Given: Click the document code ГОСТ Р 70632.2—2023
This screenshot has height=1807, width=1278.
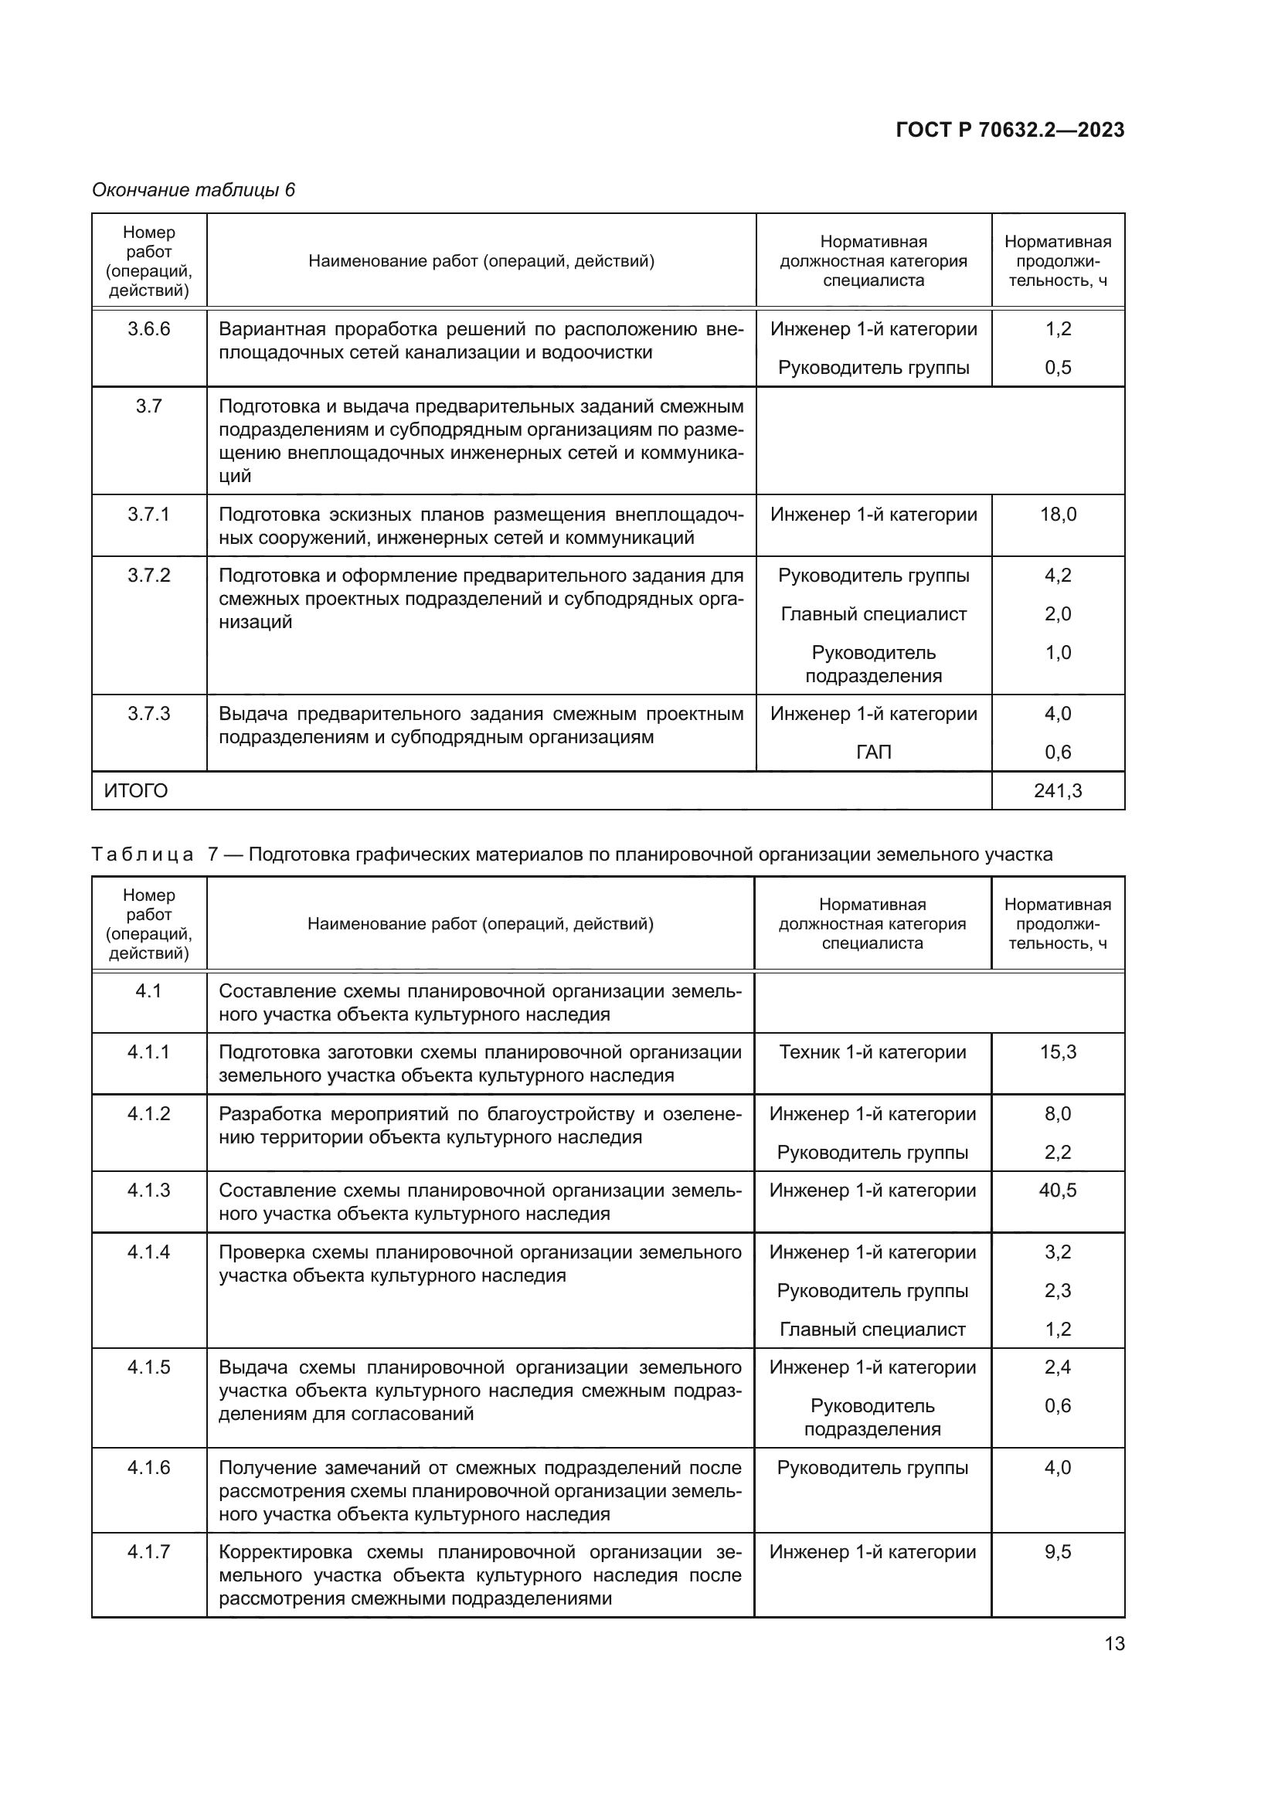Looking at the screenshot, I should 1010,130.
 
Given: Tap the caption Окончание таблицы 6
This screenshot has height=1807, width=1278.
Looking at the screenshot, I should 193,190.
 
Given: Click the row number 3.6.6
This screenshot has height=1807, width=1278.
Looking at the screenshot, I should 148,329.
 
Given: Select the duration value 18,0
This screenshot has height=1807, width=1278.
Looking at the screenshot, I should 1058,515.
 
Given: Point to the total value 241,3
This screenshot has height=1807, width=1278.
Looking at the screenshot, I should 1058,790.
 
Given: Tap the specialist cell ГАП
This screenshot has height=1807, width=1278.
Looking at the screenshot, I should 874,752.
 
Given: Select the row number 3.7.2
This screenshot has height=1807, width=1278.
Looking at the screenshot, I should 148,576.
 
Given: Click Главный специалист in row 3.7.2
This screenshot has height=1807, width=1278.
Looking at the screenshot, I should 874,614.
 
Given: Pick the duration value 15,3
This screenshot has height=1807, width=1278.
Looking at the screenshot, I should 1058,1052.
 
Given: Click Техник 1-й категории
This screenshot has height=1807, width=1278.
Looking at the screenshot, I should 872,1052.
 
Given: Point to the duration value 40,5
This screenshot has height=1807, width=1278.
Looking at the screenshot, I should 1058,1190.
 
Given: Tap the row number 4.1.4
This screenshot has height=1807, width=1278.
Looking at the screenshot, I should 148,1252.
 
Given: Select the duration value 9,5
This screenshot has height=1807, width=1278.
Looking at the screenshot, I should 1058,1552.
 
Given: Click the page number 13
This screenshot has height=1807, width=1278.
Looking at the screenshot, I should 1114,1644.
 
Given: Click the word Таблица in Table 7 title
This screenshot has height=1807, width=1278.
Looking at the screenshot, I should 142,854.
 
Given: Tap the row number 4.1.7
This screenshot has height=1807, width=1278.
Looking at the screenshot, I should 148,1552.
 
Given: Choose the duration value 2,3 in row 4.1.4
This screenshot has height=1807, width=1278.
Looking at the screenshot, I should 1058,1291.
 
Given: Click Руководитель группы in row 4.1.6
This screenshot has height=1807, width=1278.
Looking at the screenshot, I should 872,1468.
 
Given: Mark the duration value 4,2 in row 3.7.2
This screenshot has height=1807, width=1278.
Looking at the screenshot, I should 1058,576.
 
